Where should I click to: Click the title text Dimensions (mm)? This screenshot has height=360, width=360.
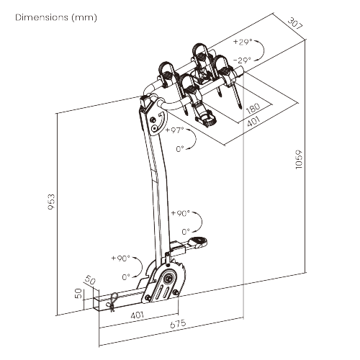coord(55,17)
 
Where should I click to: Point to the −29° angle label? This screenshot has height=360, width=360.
coord(241,61)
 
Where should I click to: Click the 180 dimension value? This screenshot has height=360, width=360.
coord(252,110)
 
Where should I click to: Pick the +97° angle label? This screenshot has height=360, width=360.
coord(174,130)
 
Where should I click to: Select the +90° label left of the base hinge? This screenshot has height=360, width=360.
coord(120,258)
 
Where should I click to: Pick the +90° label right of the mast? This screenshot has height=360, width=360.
coord(179,214)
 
